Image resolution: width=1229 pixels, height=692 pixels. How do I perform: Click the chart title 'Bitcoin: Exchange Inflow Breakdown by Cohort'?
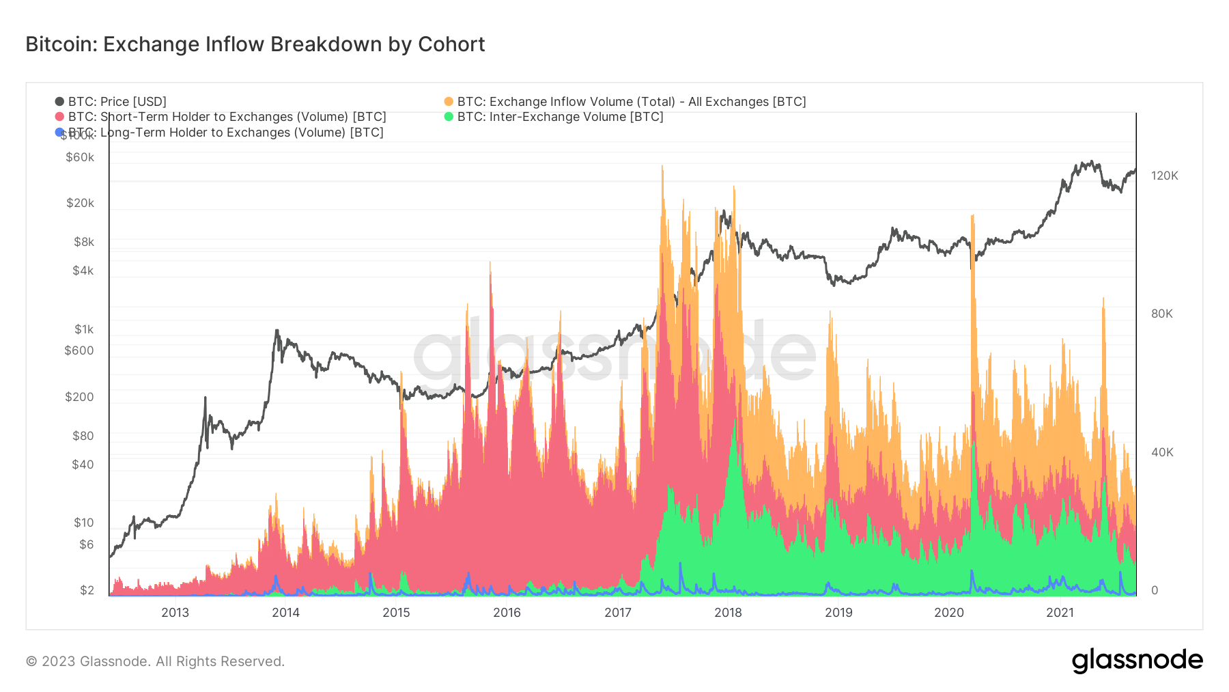click(x=255, y=44)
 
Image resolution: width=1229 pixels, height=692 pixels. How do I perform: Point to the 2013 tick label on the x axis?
click(x=175, y=613)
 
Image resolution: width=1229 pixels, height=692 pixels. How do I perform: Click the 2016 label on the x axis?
click(x=507, y=613)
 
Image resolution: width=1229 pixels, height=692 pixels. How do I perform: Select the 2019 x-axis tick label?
click(x=838, y=613)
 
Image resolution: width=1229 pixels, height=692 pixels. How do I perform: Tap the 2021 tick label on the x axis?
click(x=1060, y=613)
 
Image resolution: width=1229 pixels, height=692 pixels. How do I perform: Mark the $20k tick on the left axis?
click(x=80, y=203)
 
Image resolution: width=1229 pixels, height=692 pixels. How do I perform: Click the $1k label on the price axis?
click(x=84, y=329)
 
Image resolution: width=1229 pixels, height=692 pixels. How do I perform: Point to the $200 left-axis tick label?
click(x=79, y=397)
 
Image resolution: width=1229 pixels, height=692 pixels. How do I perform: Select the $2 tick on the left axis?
click(x=87, y=590)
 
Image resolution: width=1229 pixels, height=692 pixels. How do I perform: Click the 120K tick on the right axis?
click(x=1164, y=176)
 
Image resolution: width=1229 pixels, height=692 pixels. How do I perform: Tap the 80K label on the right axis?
click(x=1161, y=314)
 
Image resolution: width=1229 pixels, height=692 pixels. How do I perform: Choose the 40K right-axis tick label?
click(x=1161, y=452)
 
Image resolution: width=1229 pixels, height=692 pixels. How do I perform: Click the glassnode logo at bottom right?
click(x=1137, y=661)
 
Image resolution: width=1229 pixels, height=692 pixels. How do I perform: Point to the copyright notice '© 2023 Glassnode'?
click(x=155, y=661)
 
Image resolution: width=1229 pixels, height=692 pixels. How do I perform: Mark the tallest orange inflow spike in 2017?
click(x=662, y=168)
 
